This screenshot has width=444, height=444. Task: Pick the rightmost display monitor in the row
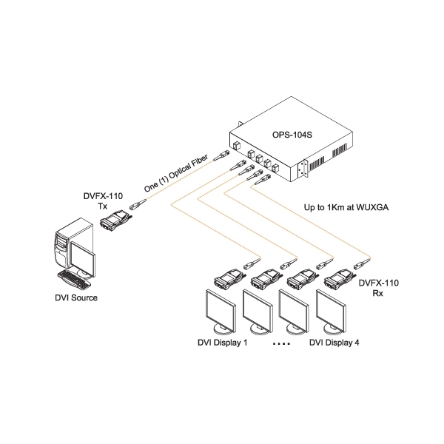click(x=332, y=310)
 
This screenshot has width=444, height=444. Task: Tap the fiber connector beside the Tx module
click(x=136, y=206)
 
